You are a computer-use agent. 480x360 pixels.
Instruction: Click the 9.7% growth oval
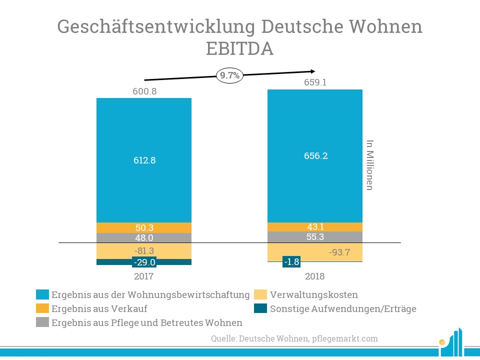coord(230,75)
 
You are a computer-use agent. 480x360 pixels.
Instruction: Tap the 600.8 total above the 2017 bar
coord(144,91)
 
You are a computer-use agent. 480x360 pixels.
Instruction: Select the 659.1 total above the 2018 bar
coord(315,82)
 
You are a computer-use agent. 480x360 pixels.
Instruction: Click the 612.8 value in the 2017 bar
coord(144,160)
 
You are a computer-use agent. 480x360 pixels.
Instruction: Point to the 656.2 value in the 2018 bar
coord(315,156)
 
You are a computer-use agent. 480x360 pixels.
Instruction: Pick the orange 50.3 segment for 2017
coord(144,228)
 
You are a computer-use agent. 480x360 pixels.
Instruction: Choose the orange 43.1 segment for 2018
coord(315,226)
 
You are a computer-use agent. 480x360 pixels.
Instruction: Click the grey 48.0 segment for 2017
coord(144,238)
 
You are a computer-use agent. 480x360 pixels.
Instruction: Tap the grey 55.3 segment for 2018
coord(315,237)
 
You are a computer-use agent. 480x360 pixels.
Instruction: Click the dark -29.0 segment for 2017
coord(144,262)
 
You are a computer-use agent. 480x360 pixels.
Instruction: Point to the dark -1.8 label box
coord(291,262)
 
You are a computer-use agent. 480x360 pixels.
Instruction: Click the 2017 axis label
coord(144,276)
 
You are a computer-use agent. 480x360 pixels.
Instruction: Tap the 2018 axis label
coord(315,276)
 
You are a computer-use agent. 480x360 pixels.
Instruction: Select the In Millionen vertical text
coord(370,165)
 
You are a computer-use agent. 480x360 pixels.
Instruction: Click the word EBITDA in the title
coord(240,49)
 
